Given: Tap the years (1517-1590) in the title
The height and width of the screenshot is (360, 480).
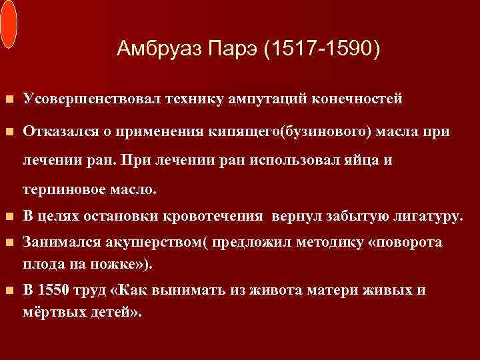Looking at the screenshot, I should click(323, 49).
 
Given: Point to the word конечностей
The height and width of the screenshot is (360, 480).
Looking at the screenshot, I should click(355, 99).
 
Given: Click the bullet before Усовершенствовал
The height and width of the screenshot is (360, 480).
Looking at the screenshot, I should click(8, 99).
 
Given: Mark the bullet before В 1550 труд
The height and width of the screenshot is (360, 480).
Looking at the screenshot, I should click(8, 291).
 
